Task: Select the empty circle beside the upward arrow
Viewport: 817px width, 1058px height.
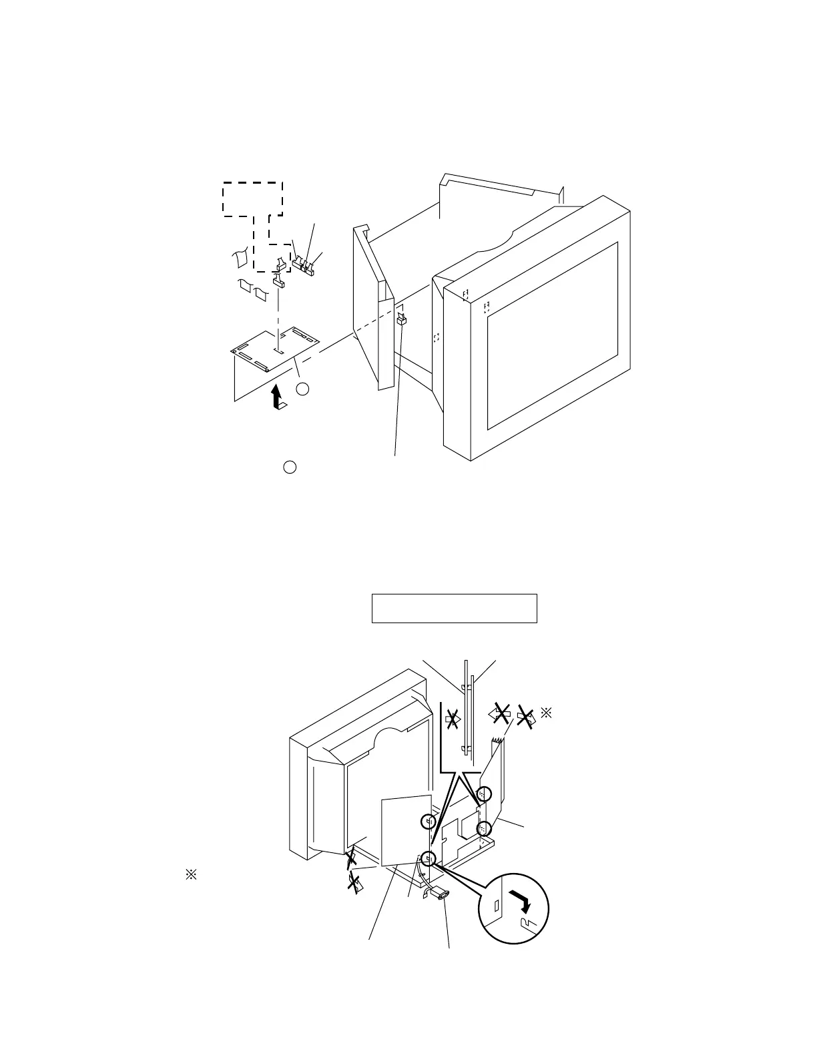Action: tap(302, 389)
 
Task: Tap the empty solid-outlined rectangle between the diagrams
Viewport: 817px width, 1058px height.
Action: tap(454, 608)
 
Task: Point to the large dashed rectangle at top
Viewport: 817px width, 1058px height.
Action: tap(252, 198)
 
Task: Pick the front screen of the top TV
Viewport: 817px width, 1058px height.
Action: tap(552, 335)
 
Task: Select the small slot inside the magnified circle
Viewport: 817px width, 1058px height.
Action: tap(497, 906)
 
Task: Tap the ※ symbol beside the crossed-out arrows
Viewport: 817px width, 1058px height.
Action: tap(545, 713)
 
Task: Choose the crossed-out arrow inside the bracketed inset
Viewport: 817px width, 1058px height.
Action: tap(453, 719)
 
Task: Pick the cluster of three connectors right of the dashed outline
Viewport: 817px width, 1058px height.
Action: tap(303, 265)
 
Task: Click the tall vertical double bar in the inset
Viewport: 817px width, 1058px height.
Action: tap(469, 708)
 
